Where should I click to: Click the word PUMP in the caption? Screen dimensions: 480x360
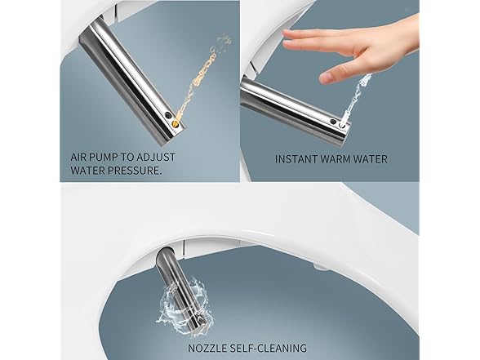pyautogui.click(x=102, y=158)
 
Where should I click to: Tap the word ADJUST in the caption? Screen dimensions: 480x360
pyautogui.click(x=155, y=158)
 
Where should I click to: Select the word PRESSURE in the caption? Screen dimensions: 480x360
pyautogui.click(x=135, y=171)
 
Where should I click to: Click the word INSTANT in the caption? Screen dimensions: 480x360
pyautogui.click(x=296, y=159)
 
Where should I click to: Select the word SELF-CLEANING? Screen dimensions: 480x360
pyautogui.click(x=268, y=349)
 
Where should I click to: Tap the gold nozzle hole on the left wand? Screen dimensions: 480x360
pyautogui.click(x=176, y=124)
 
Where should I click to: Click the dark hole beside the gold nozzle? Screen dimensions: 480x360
pyautogui.click(x=168, y=115)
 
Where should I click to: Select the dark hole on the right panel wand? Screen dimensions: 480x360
pyautogui.click(x=333, y=121)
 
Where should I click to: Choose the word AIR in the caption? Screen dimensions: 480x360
pyautogui.click(x=78, y=158)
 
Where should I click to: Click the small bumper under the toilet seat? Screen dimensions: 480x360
pyautogui.click(x=321, y=267)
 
